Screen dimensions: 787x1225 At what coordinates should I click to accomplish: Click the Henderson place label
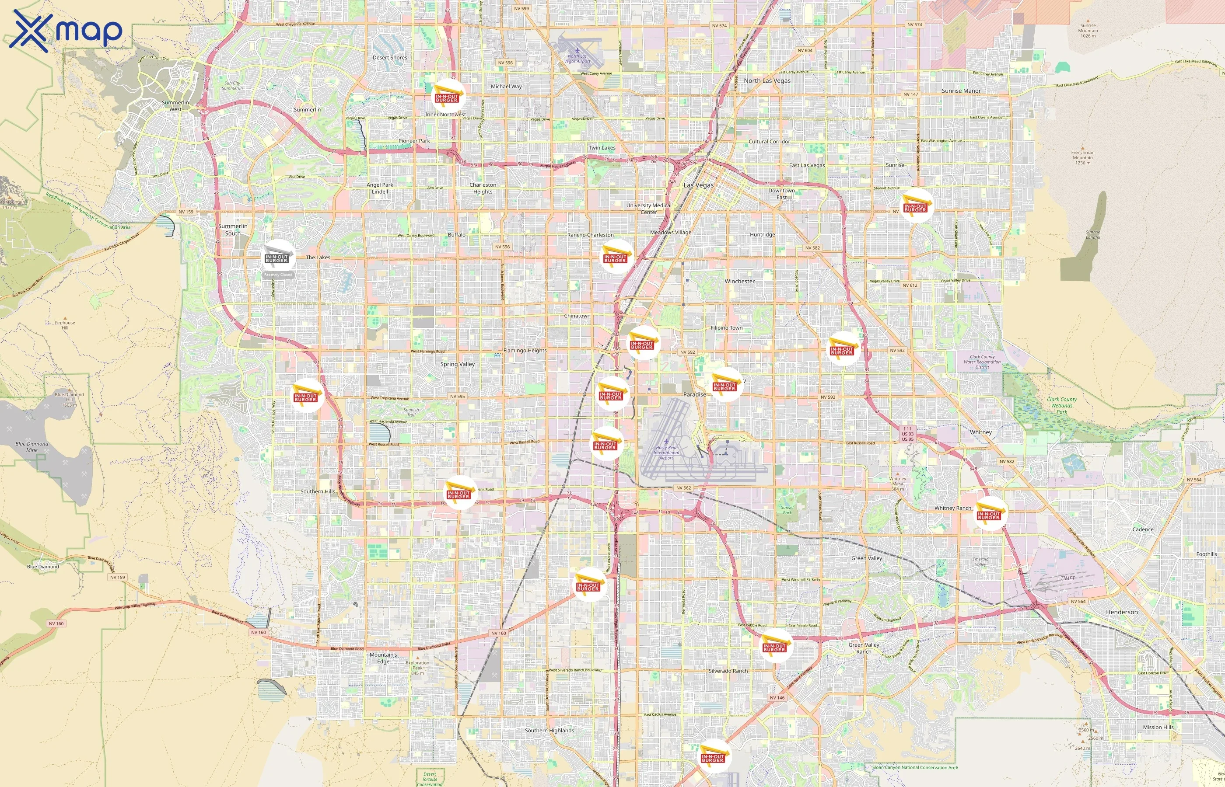[x=1121, y=612]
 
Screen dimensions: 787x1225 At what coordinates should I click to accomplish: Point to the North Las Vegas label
[x=766, y=81]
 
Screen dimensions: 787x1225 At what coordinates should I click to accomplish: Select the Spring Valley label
[x=457, y=364]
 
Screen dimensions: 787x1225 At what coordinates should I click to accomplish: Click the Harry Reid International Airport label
[x=666, y=452]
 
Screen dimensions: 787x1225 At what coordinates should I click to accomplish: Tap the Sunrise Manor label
[x=961, y=91]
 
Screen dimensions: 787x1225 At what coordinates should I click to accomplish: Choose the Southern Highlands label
[x=549, y=730]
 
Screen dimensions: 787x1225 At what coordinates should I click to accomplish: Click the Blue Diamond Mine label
[x=31, y=447]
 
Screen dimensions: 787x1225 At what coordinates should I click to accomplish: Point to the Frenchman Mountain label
[x=1082, y=157]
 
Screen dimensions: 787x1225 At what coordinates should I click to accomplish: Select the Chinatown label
[x=577, y=316]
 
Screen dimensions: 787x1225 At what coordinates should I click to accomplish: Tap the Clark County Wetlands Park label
[x=1061, y=405]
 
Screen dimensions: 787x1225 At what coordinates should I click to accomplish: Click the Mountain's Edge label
[x=383, y=658]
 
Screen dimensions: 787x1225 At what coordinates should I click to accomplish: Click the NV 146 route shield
[x=777, y=697]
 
